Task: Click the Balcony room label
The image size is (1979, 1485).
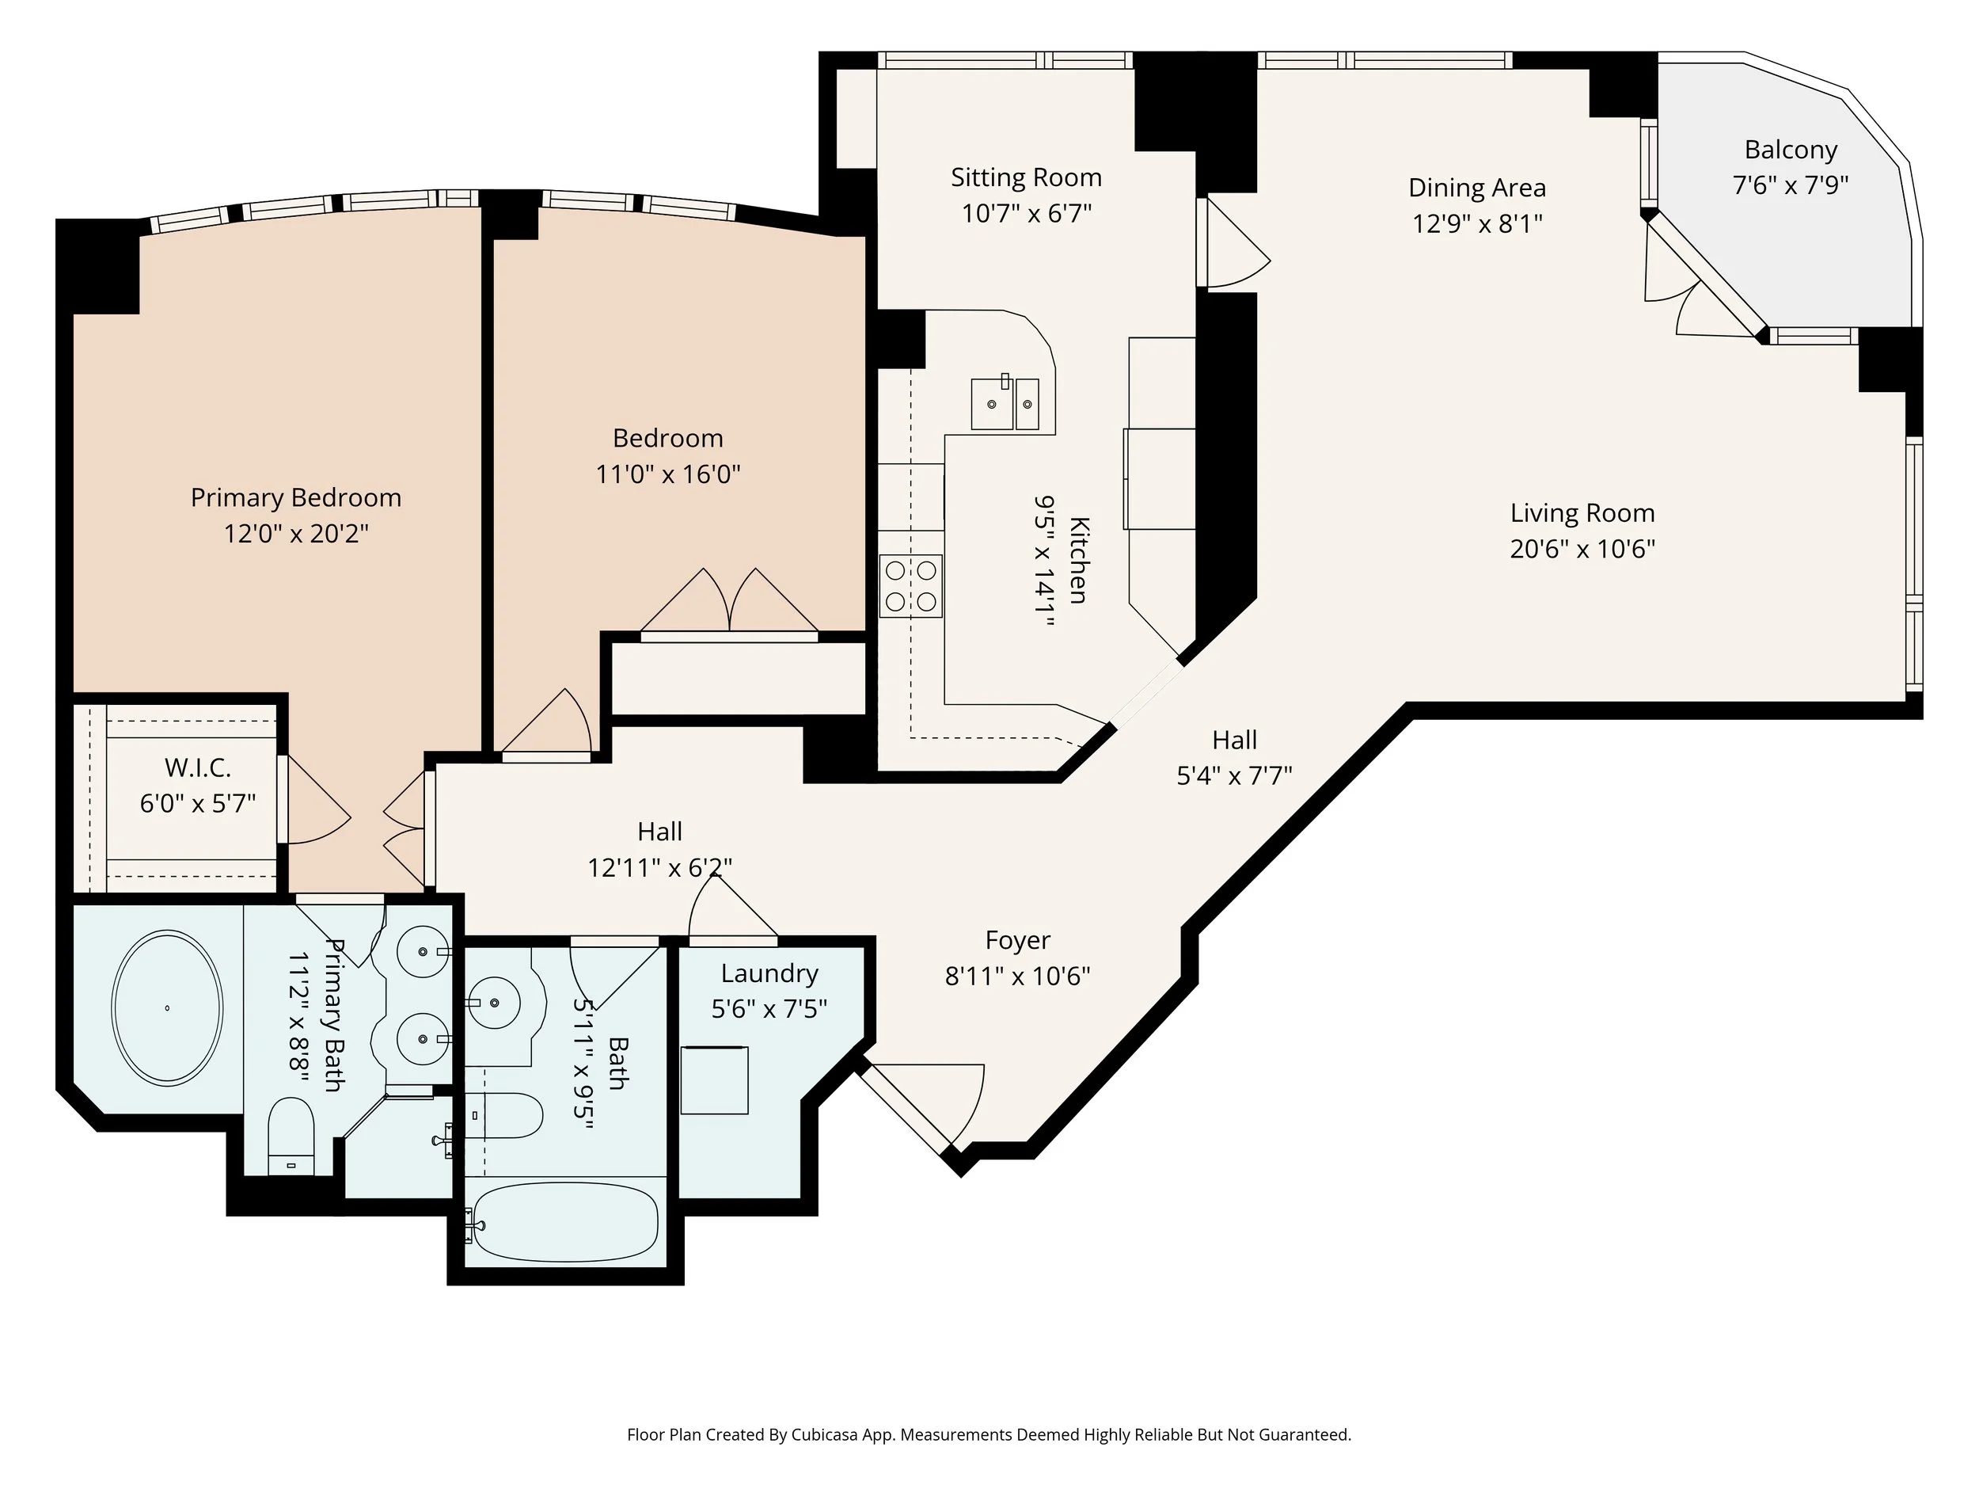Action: [1791, 150]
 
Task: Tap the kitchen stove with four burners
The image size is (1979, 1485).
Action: [911, 585]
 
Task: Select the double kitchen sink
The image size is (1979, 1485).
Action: [1005, 404]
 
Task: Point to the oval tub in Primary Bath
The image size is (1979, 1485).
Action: [166, 1009]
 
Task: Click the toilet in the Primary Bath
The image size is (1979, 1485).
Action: [291, 1135]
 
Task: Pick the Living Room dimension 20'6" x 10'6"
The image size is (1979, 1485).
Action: [1582, 549]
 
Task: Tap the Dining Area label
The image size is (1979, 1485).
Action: [1476, 188]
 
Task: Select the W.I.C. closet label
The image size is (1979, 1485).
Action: [198, 768]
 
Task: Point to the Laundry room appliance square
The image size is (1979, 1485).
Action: [714, 1079]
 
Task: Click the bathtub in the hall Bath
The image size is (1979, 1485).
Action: [565, 1222]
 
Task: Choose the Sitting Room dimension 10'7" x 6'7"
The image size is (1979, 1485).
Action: [1026, 214]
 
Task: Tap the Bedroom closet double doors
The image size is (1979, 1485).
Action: [729, 605]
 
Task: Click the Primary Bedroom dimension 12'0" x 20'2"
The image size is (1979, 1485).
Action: [296, 535]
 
